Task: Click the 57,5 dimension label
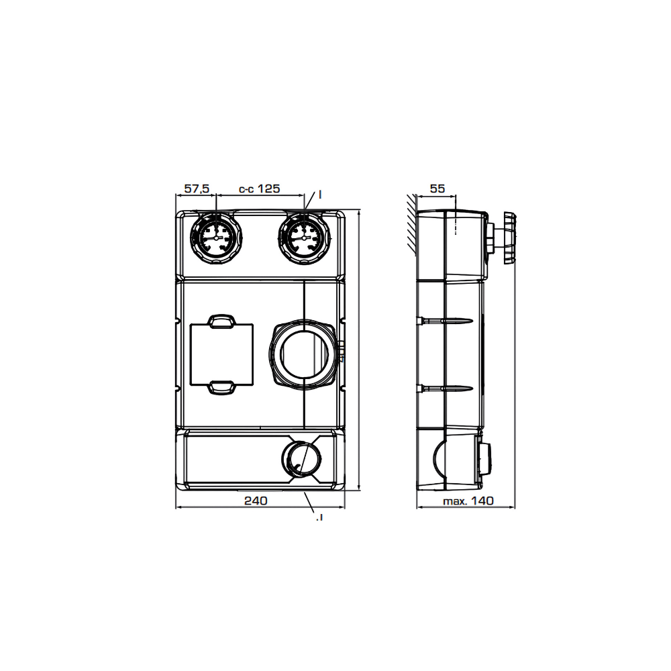[x=197, y=189]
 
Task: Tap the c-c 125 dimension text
[x=259, y=189]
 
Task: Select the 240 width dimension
[x=256, y=501]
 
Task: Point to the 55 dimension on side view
[x=437, y=189]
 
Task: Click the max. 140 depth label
[x=468, y=501]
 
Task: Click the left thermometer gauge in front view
[x=216, y=237]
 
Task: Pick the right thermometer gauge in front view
[x=305, y=237]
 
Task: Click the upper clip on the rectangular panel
[x=221, y=321]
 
